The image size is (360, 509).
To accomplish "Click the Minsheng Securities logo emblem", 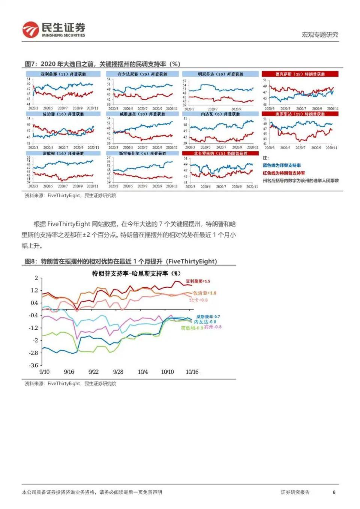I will [x=30, y=30].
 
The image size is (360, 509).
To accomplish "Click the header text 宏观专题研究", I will [x=319, y=35].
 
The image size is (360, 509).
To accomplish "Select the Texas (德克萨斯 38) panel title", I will [x=300, y=74].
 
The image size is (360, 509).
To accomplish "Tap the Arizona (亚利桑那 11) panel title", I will [x=63, y=74].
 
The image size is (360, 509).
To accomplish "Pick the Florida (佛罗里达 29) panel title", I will [x=300, y=114].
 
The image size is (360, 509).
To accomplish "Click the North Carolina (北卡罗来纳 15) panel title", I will [x=220, y=153].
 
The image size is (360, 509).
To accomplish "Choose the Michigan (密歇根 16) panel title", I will [x=63, y=153].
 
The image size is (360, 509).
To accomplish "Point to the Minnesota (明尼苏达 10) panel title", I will [x=220, y=74].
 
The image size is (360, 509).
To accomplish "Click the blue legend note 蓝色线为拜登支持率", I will [x=282, y=165].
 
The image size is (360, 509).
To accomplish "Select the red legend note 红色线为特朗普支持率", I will [x=284, y=173].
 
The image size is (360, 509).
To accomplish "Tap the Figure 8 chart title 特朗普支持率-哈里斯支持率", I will [x=136, y=273].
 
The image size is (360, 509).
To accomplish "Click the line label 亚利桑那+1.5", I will [x=198, y=281].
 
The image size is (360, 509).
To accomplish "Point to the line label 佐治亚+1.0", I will [x=204, y=293].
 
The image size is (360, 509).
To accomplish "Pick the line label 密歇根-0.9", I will [x=192, y=328].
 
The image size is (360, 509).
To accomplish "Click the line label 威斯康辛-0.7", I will [x=208, y=317].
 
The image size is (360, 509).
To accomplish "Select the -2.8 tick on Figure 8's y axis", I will [x=34, y=353].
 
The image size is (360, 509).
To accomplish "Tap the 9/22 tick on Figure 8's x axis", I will [x=93, y=372].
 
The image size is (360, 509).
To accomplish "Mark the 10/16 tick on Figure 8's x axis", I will [x=192, y=372].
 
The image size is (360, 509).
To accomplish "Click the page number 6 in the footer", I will [x=334, y=492].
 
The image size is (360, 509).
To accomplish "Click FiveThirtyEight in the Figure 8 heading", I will [x=192, y=261].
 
